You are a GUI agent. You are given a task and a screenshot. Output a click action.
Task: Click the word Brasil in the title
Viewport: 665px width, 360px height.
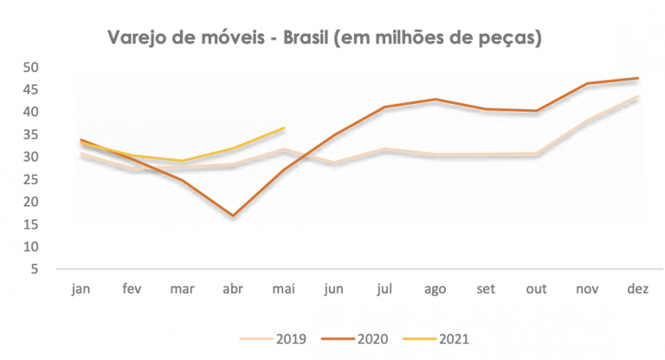tap(306, 37)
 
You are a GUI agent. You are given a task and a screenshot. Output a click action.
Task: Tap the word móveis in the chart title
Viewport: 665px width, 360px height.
tap(232, 37)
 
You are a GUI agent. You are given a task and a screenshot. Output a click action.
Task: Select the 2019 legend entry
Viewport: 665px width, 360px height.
tap(273, 339)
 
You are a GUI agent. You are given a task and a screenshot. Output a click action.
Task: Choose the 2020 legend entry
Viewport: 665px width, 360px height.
tap(354, 339)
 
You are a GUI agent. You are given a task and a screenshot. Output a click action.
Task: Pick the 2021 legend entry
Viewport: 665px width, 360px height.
tap(436, 339)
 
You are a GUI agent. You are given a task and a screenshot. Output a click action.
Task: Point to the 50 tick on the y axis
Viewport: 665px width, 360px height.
tap(30, 67)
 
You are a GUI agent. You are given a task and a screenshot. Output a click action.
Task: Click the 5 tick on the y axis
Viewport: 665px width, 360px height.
tap(35, 269)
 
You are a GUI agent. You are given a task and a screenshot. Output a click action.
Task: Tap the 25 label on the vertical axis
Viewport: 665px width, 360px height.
tap(30, 179)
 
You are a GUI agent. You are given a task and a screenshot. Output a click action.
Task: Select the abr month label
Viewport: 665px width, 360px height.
tap(233, 289)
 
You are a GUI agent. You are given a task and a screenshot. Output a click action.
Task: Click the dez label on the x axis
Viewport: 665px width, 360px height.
tap(638, 289)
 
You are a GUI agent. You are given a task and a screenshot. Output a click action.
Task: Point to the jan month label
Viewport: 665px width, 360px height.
tap(81, 289)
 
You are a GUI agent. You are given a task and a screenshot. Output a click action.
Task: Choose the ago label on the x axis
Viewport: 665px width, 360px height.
tap(436, 290)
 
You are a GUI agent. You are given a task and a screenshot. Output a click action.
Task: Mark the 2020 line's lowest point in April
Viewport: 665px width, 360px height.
tap(233, 215)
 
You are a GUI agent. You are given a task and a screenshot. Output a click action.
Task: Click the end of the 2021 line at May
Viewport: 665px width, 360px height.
tap(283, 127)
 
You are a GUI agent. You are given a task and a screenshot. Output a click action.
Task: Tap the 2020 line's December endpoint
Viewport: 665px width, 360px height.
tap(638, 78)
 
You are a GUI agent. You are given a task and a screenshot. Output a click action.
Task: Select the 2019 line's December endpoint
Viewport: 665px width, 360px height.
tap(638, 96)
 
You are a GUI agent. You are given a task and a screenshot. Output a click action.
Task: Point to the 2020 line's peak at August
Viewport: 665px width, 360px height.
tap(436, 100)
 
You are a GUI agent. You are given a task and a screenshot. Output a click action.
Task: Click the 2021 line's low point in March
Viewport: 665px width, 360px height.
tap(182, 161)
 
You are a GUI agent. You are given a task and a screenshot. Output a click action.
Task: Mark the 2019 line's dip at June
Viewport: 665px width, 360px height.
tap(334, 162)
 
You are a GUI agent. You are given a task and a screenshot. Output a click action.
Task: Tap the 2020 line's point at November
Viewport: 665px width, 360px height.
tap(587, 83)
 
